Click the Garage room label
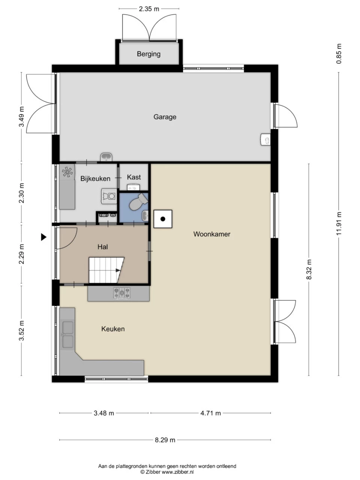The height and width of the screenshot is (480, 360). click(x=165, y=117)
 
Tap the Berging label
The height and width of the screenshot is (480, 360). click(x=148, y=54)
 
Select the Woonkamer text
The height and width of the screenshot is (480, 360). click(x=212, y=234)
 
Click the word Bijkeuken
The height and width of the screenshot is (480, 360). click(x=95, y=178)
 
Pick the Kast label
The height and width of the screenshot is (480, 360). click(x=134, y=177)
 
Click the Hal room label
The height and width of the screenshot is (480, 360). click(x=103, y=247)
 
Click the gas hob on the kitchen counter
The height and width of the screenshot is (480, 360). click(x=122, y=293)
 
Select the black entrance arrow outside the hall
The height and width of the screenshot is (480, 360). click(x=44, y=237)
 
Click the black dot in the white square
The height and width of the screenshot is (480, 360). click(x=163, y=219)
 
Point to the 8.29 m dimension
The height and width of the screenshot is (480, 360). click(x=165, y=440)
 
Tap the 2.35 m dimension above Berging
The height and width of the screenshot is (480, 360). click(x=149, y=9)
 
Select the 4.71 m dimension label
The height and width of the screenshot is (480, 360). click(x=210, y=413)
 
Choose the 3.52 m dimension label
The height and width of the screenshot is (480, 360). click(x=21, y=331)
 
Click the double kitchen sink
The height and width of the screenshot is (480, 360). click(x=67, y=335)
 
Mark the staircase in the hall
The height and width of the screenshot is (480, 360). click(x=106, y=270)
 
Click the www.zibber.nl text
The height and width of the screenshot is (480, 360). click(x=178, y=472)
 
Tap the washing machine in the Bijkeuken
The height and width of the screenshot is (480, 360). click(x=109, y=196)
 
